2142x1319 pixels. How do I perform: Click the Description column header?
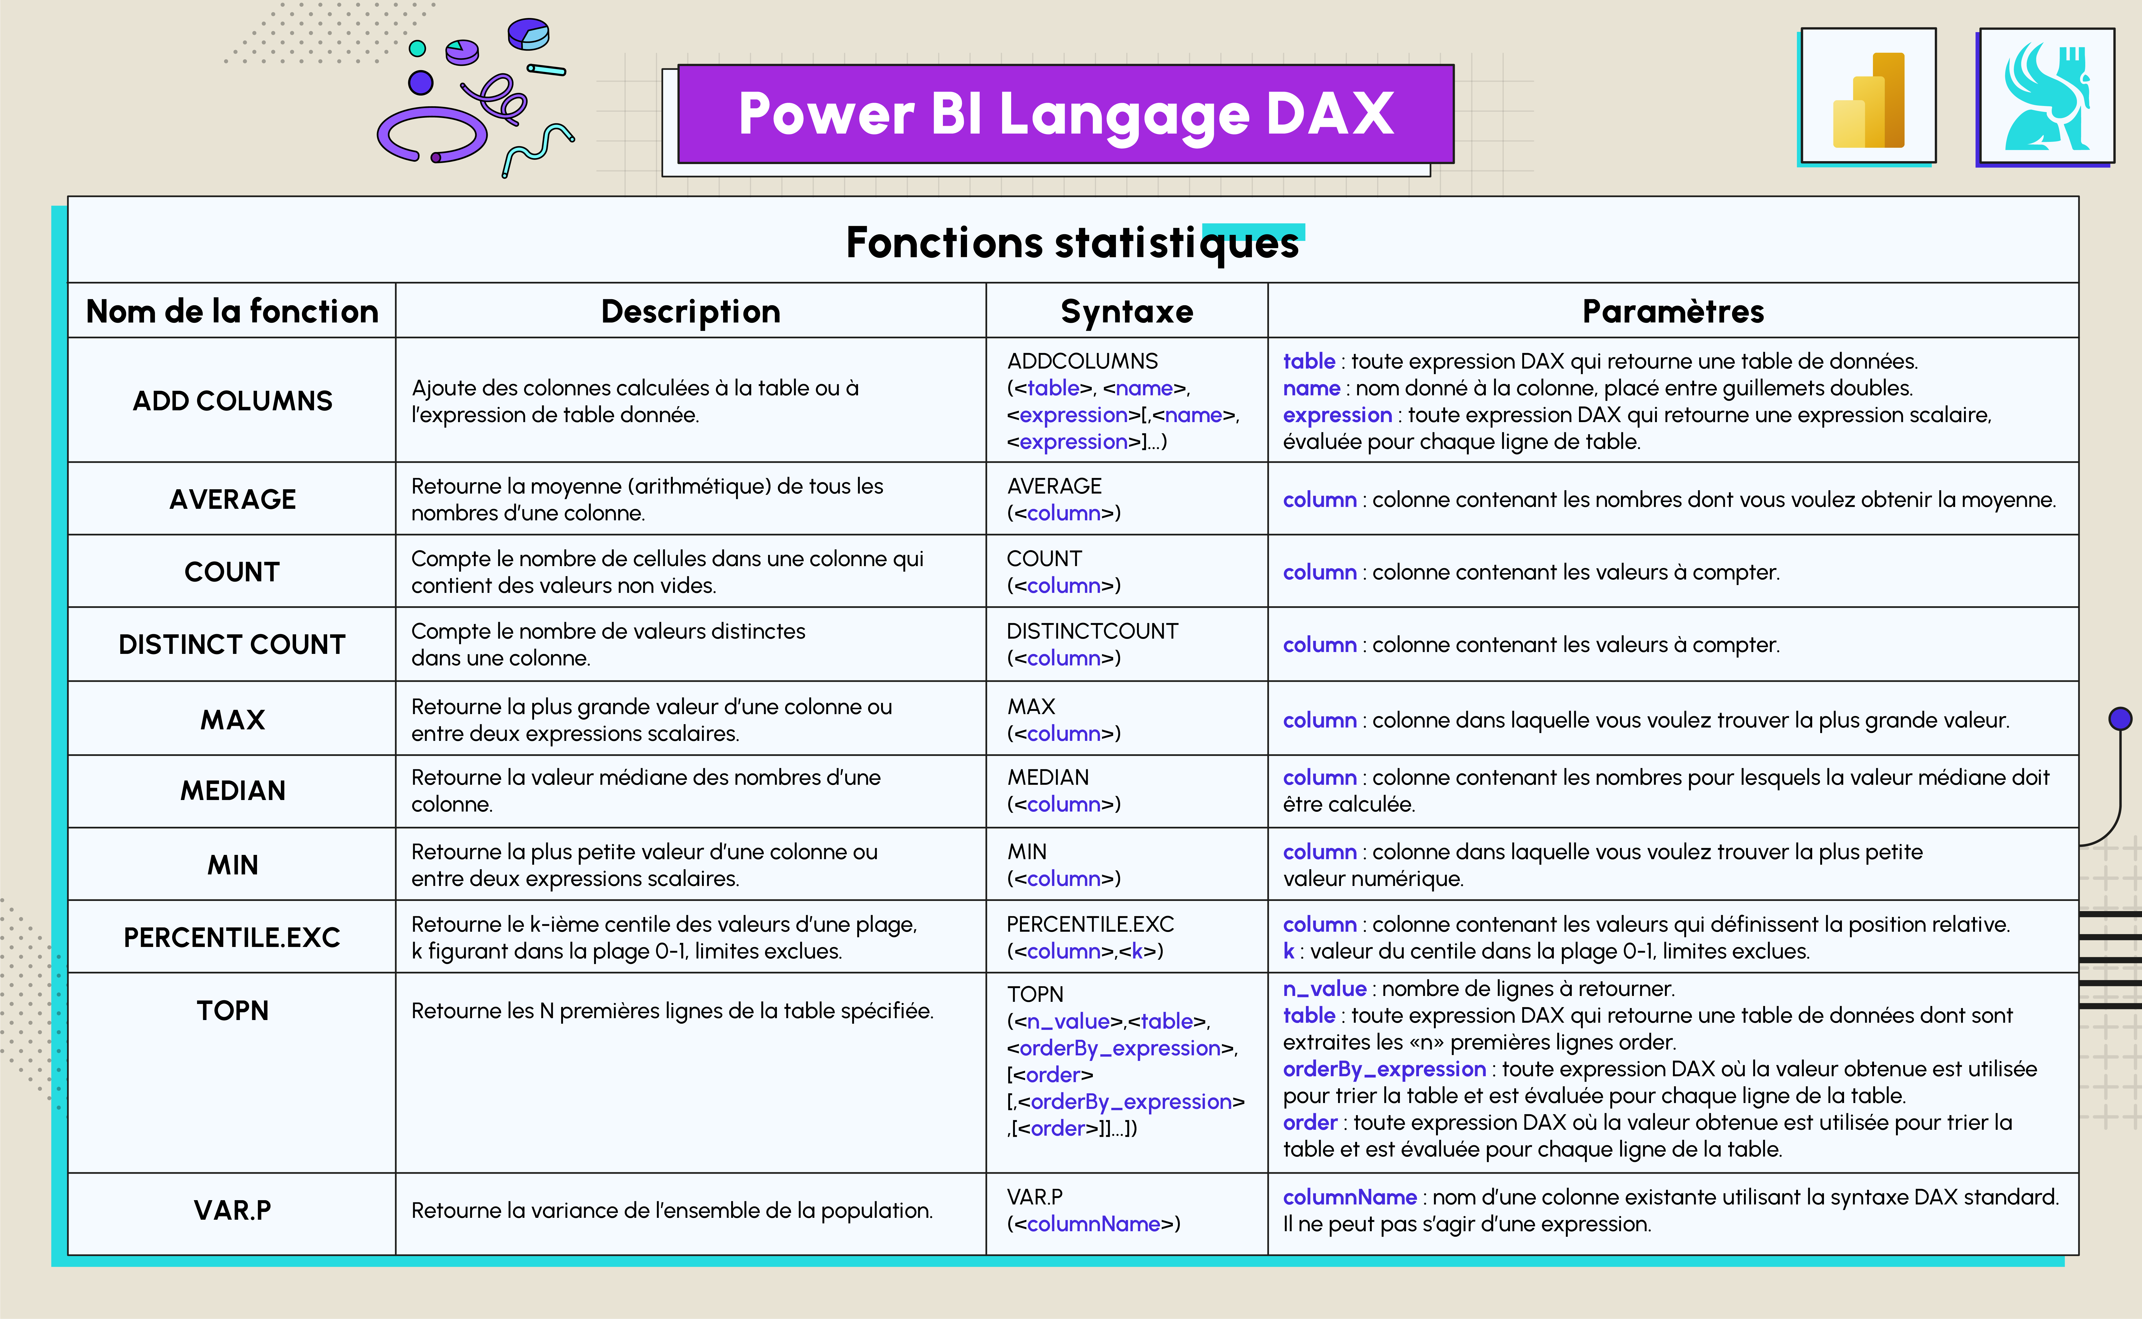pyautogui.click(x=690, y=312)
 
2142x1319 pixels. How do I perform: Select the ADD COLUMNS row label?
pyautogui.click(x=232, y=400)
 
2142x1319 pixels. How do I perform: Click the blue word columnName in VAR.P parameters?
pyautogui.click(x=1349, y=1197)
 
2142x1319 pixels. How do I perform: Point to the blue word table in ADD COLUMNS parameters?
pyautogui.click(x=1309, y=361)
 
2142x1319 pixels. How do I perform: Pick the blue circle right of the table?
pyautogui.click(x=2120, y=719)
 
